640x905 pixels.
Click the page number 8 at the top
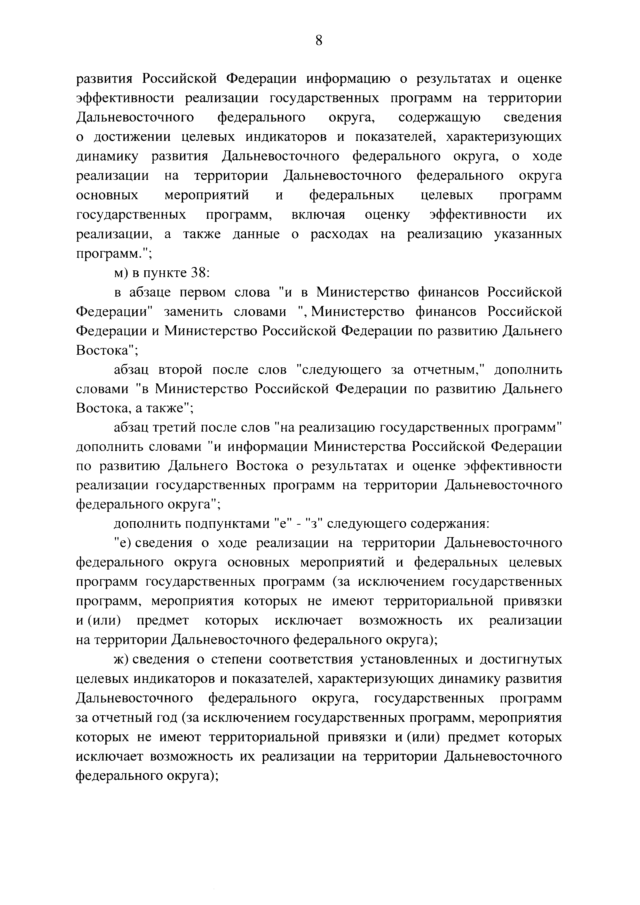point(319,40)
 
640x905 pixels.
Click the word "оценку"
point(387,215)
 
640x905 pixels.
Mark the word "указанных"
point(528,235)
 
